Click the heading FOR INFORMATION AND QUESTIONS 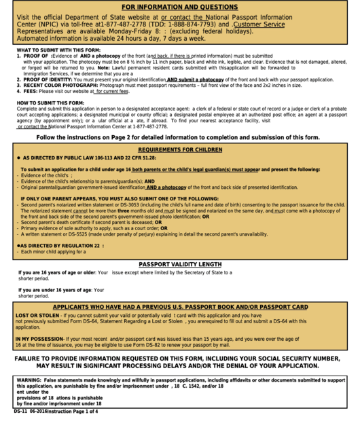click(x=179, y=7)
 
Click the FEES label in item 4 click(x=30, y=91)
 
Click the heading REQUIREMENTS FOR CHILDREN click(x=179, y=149)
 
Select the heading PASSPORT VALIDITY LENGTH click(x=180, y=264)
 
